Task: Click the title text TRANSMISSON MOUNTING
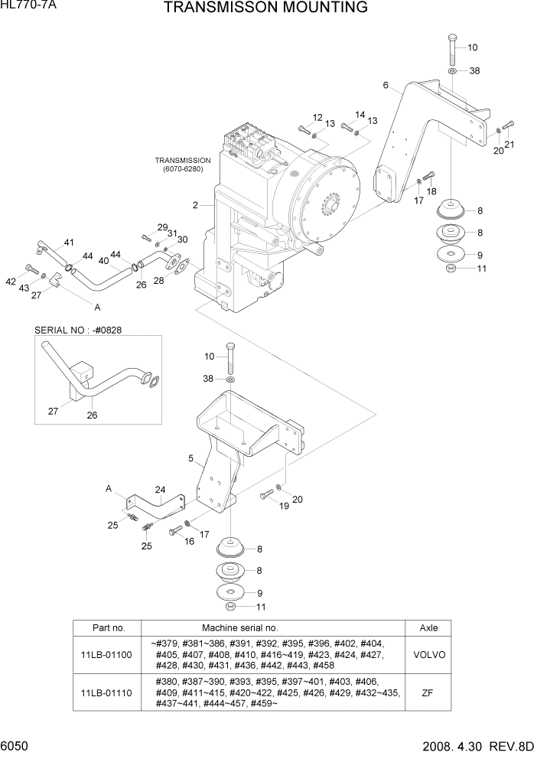(265, 8)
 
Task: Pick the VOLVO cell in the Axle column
(428, 654)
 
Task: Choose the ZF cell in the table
(428, 692)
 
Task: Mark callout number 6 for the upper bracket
(386, 85)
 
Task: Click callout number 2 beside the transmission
(196, 205)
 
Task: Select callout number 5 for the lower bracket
(190, 459)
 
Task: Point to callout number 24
(160, 490)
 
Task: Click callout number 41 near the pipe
(69, 243)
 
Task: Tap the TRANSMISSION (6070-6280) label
(183, 165)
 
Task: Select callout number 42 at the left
(11, 282)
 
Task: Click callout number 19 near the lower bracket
(283, 506)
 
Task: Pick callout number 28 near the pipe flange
(159, 281)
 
